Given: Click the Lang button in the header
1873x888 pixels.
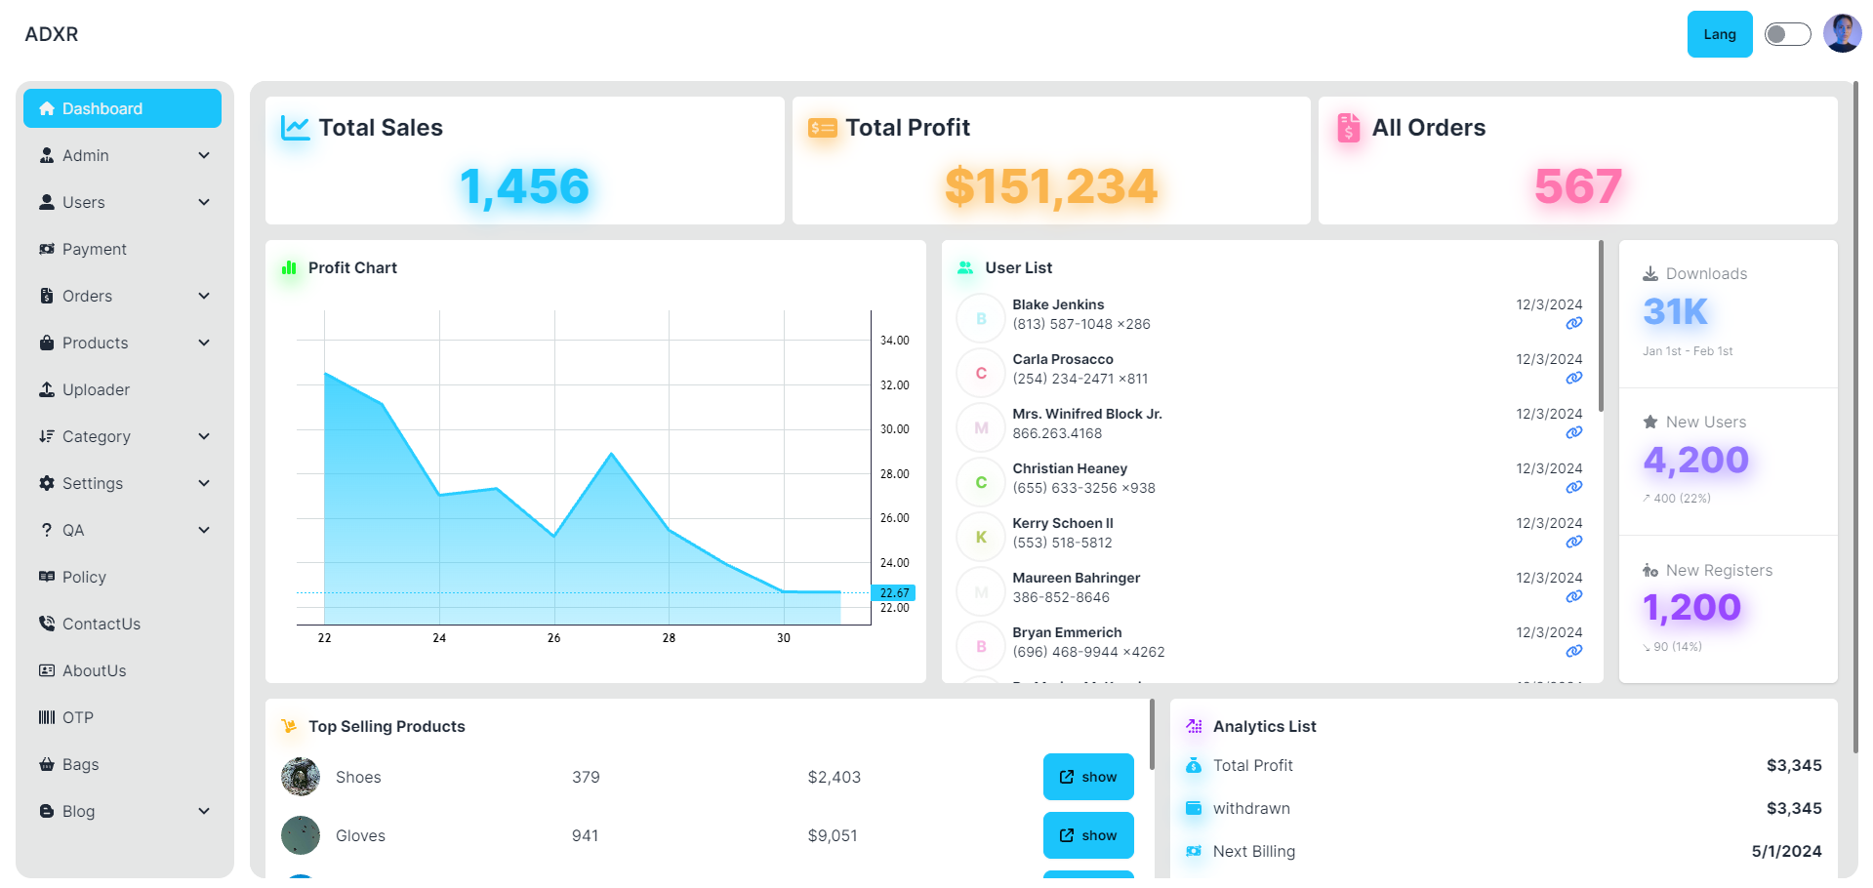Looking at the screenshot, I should click(1719, 34).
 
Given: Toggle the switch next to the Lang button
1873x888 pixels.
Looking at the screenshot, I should click(1787, 34).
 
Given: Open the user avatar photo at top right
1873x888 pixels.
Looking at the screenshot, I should click(1842, 34).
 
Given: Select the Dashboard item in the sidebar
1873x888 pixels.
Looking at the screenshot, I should click(122, 108).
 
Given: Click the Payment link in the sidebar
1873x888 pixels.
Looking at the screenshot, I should click(94, 249).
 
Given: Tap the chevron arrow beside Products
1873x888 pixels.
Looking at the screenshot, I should click(204, 343).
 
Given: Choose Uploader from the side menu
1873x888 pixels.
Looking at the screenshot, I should click(96, 389).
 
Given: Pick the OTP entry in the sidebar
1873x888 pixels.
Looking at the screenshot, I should click(77, 717).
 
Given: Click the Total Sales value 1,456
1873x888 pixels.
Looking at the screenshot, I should click(524, 186).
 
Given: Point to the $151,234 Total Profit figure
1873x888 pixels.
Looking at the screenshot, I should click(1050, 186).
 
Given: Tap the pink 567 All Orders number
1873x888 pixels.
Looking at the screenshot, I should click(1577, 186).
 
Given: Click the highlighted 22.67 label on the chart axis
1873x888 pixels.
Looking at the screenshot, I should click(894, 592).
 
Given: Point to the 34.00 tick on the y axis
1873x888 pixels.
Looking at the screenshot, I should click(894, 341).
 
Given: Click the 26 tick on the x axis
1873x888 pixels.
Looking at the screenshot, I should click(553, 638).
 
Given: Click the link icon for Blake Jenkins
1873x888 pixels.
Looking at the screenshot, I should click(1573, 323).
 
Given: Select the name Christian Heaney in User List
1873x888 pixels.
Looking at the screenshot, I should click(1070, 468).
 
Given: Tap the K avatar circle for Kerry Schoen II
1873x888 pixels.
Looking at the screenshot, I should click(981, 537).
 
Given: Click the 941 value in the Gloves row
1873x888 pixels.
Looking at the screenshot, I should click(585, 835).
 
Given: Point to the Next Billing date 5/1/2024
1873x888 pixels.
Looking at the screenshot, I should click(1786, 851).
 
